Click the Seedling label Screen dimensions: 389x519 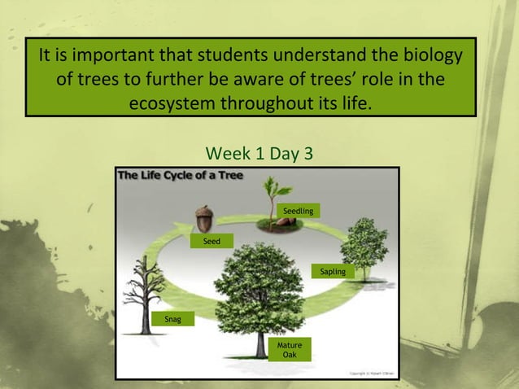point(298,212)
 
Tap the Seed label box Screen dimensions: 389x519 point(212,242)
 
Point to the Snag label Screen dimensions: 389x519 point(172,318)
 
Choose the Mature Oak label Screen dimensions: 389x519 point(290,351)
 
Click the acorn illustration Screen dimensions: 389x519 point(203,217)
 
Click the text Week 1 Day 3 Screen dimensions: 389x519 point(259,153)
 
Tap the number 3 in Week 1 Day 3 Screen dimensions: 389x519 point(306,153)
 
